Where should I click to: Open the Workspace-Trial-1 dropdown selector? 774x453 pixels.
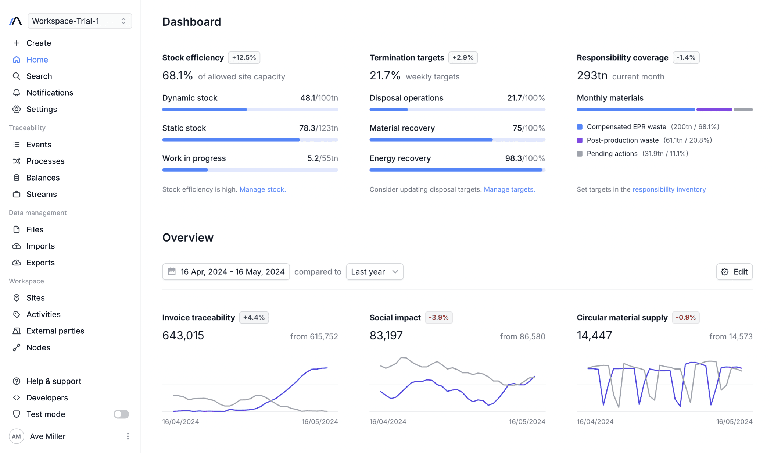pos(79,21)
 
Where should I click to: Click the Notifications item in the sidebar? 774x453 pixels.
pos(50,93)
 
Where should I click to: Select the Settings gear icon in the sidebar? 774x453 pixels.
pos(17,109)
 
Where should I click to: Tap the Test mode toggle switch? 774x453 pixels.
pos(121,414)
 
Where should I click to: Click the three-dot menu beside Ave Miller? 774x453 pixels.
pos(128,436)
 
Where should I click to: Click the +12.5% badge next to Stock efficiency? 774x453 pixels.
pos(244,58)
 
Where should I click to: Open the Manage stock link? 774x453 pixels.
pos(262,189)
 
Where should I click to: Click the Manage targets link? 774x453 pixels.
pos(509,189)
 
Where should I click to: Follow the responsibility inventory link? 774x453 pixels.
pos(669,189)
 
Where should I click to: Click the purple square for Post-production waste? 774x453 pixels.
pos(580,140)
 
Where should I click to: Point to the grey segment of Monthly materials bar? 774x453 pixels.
pos(743,110)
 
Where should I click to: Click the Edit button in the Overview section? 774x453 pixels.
pos(734,272)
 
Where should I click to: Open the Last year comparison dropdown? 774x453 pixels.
pos(375,272)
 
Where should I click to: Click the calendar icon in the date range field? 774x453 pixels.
pos(172,272)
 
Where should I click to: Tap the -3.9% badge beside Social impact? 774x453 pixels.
pos(438,318)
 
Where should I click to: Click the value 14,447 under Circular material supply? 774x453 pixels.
pos(594,335)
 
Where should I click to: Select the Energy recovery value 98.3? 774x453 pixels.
pos(513,158)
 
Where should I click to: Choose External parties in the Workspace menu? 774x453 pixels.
pos(55,331)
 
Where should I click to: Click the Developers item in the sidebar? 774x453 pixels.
pos(47,398)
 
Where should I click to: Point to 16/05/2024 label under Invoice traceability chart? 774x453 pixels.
pos(320,422)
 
